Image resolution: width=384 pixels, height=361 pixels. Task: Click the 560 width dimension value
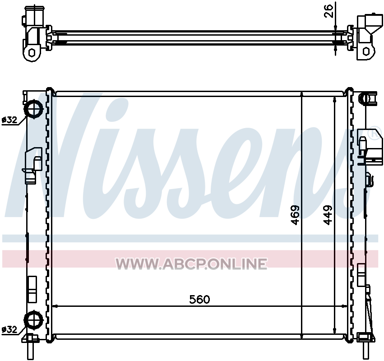199,299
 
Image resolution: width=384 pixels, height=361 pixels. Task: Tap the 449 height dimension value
328,215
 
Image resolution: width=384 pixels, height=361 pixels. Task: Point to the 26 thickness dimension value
329,11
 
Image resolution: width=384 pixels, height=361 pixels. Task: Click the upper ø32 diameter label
9,120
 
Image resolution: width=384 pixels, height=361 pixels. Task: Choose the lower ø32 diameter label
9,330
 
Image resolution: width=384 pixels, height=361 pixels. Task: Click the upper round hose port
33,109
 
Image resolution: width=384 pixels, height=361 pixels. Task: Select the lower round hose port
33,319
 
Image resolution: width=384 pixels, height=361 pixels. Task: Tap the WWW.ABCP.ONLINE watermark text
191,264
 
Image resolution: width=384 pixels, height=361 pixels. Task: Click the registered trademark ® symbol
376,134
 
